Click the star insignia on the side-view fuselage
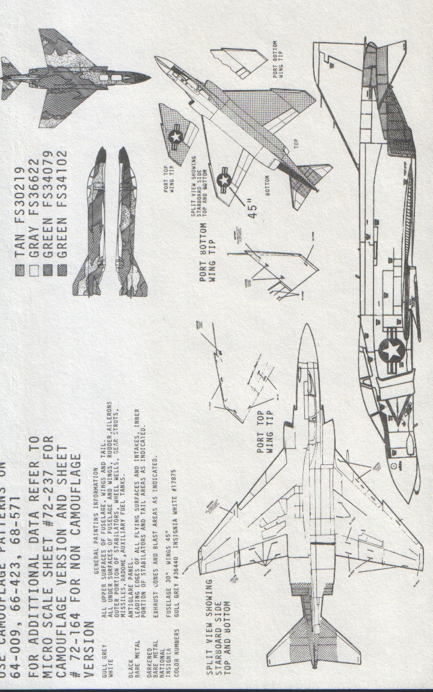point(392,349)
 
